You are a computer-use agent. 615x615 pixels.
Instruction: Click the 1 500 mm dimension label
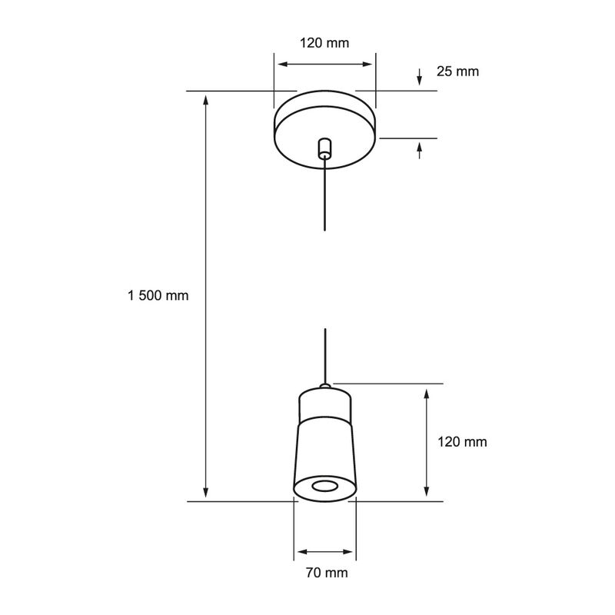pos(158,295)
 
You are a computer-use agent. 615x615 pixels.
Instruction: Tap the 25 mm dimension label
pos(457,71)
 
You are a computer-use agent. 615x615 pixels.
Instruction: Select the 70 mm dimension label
pos(327,573)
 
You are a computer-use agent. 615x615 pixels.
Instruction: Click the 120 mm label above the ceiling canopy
pos(324,43)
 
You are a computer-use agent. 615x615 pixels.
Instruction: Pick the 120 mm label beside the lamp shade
pos(462,442)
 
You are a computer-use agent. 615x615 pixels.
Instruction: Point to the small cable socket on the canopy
pos(324,148)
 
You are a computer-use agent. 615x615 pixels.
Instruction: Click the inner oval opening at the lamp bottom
pos(324,487)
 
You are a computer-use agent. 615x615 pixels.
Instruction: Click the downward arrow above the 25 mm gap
pos(420,77)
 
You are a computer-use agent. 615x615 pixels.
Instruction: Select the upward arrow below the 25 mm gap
pos(420,151)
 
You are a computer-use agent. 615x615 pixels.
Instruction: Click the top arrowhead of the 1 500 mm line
pos(205,100)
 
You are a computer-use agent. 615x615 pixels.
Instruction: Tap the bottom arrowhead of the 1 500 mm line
pos(205,493)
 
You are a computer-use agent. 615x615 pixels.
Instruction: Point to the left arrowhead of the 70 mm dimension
pos(302,552)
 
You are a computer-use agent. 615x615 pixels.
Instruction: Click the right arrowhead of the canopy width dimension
pos(367,65)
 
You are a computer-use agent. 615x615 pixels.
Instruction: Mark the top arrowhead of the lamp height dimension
pos(427,394)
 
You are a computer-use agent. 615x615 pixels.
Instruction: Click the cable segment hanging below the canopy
pos(324,194)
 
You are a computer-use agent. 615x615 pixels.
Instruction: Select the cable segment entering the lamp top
pos(325,356)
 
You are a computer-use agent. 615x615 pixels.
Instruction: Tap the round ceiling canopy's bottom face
pos(324,138)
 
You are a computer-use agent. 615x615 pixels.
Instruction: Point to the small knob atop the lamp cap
pos(324,386)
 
